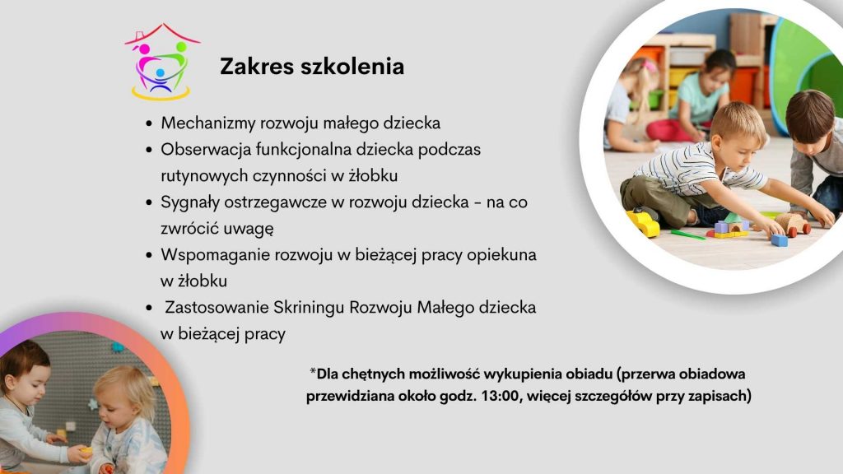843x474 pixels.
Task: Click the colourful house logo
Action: pos(162,62)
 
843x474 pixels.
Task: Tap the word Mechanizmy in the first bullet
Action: pos(208,123)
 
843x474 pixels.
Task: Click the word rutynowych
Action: pos(204,176)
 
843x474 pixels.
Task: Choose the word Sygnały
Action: pos(190,202)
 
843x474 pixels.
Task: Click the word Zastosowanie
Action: pos(217,308)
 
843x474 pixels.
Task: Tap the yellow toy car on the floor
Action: pos(643,222)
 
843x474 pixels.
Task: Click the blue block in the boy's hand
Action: pos(779,240)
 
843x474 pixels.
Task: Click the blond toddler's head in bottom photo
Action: pos(125,393)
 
